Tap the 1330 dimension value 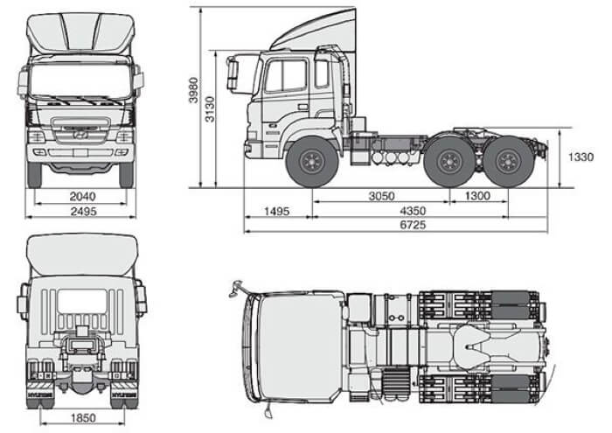[581, 157]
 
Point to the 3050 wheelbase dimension [380, 196]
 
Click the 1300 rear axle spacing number [478, 196]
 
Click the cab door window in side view [286, 77]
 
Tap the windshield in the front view [80, 81]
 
